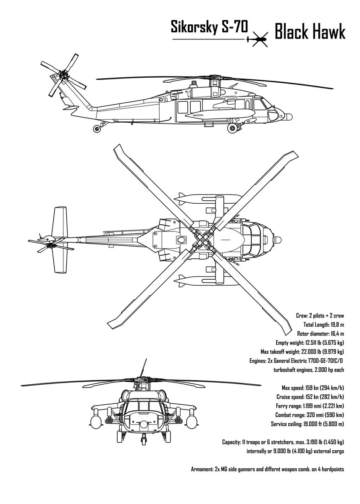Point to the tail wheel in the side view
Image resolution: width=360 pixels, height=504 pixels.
point(97,129)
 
